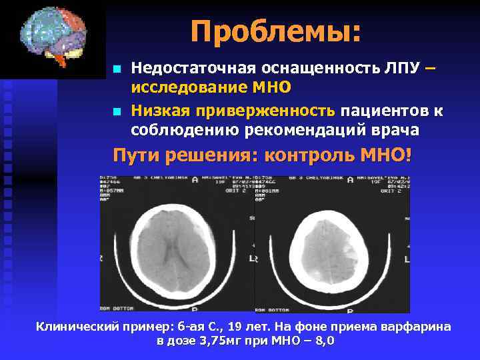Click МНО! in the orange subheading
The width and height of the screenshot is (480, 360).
pyautogui.click(x=386, y=156)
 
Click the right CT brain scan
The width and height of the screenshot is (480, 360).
pyautogui.click(x=332, y=244)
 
